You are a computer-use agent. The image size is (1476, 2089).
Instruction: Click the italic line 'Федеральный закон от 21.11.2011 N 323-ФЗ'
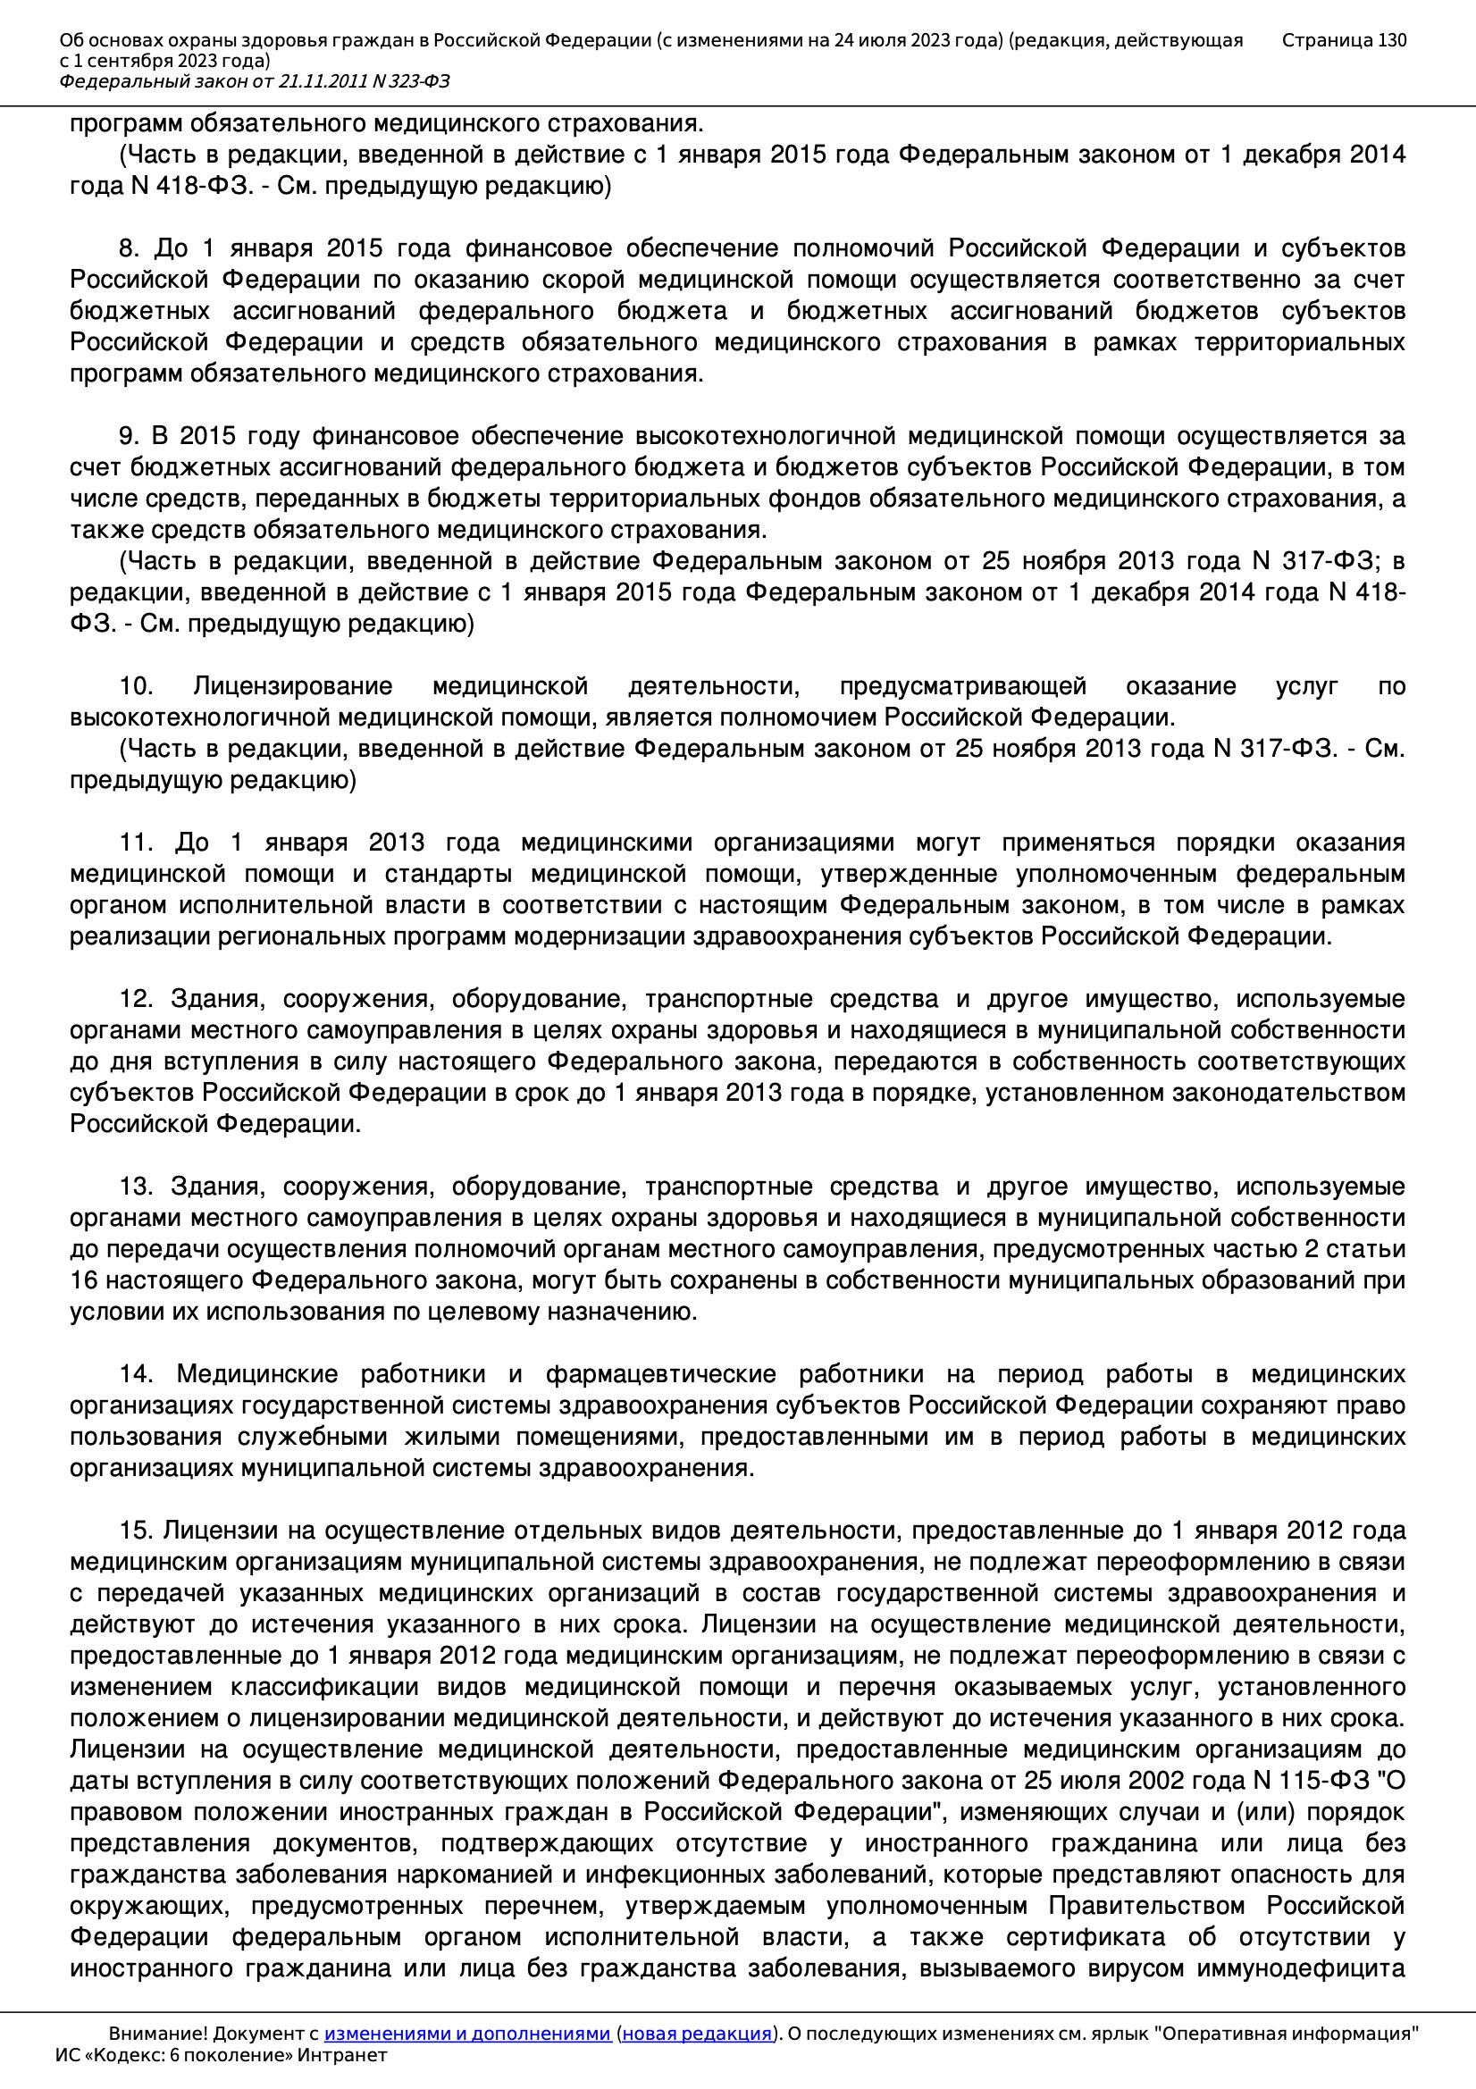click(x=254, y=82)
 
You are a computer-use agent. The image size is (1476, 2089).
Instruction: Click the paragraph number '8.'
click(x=130, y=248)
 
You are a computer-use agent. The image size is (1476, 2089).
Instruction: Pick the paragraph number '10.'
click(x=136, y=686)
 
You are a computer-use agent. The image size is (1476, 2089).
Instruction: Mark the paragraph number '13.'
click(x=136, y=1187)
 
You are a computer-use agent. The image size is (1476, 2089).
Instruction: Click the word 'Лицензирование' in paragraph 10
click(x=292, y=686)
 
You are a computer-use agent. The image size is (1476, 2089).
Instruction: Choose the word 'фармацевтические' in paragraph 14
click(x=659, y=1374)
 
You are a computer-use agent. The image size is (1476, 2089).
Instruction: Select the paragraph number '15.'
click(x=136, y=1531)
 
